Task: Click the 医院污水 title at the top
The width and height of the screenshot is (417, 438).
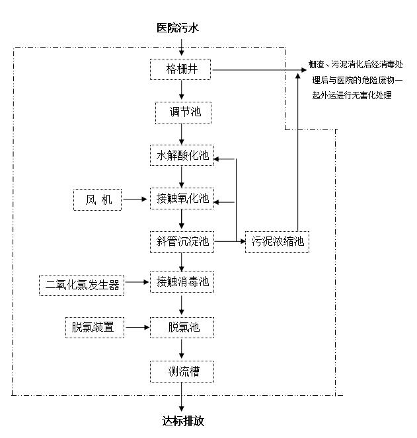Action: coord(176,28)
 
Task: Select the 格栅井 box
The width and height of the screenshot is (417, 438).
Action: coord(182,69)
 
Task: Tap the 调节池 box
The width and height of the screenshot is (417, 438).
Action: coord(182,112)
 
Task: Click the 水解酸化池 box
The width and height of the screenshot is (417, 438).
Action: coord(182,156)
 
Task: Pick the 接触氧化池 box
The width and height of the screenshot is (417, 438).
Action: coord(182,198)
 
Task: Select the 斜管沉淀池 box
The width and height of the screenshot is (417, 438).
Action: coord(182,242)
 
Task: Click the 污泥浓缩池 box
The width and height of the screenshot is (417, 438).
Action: coord(278,242)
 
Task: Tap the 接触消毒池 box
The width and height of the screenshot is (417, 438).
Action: coord(182,283)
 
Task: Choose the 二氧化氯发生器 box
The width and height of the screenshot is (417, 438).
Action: coord(83,285)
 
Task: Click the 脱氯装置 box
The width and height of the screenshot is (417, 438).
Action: coord(95,327)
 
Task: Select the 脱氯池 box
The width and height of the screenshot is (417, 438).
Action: coord(182,327)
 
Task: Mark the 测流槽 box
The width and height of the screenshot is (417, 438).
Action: coord(182,371)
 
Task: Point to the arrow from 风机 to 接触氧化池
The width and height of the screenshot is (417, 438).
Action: coord(136,199)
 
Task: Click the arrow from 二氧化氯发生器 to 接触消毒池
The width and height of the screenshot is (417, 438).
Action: coord(137,283)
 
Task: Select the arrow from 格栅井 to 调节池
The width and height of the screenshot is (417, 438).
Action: coord(182,91)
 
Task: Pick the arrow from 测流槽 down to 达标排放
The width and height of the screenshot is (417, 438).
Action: coord(182,398)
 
